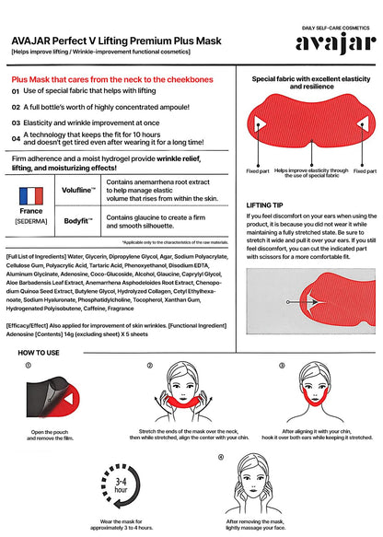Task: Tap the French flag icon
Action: pyautogui.click(x=31, y=196)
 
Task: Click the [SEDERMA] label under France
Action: pyautogui.click(x=31, y=221)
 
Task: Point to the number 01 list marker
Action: pyautogui.click(x=16, y=91)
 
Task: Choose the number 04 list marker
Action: pyautogui.click(x=16, y=138)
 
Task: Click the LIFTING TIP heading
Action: pyautogui.click(x=264, y=205)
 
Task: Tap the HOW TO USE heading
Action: pyautogui.click(x=39, y=353)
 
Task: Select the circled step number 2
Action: pyautogui.click(x=149, y=366)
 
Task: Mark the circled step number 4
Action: pyautogui.click(x=221, y=457)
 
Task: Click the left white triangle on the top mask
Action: pyautogui.click(x=260, y=123)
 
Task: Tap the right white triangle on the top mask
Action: pyautogui.click(x=363, y=123)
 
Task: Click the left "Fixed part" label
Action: pyautogui.click(x=258, y=171)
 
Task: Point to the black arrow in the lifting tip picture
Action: pyautogui.click(x=302, y=302)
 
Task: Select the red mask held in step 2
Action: pyautogui.click(x=183, y=400)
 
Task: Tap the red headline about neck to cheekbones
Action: pyautogui.click(x=112, y=79)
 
